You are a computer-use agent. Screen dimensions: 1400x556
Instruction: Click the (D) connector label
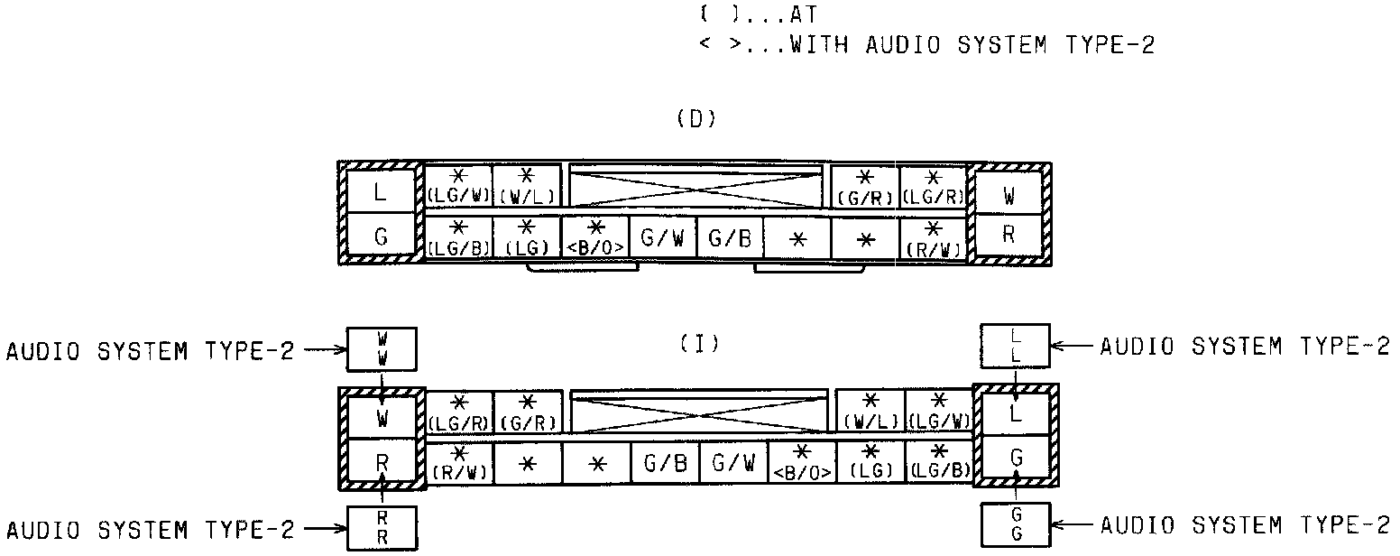[695, 120]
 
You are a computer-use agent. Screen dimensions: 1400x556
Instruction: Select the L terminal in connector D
[381, 191]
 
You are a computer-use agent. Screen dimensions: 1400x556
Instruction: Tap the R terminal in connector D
[1009, 235]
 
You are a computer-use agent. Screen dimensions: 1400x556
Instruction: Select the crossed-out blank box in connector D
[696, 186]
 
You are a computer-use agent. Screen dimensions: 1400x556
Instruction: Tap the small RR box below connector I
[382, 528]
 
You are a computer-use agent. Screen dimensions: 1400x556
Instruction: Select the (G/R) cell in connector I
[528, 412]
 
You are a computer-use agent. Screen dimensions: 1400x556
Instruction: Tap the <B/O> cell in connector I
[802, 462]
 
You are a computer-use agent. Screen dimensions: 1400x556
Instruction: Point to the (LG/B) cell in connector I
[939, 462]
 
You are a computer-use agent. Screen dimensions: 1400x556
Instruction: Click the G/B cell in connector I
[665, 464]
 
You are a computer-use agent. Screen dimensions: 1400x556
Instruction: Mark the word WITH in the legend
[818, 45]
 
